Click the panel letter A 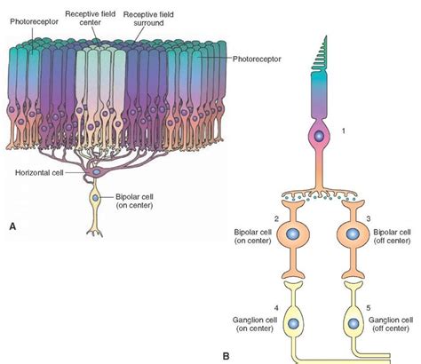click(12, 226)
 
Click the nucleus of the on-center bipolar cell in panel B click(292, 234)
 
